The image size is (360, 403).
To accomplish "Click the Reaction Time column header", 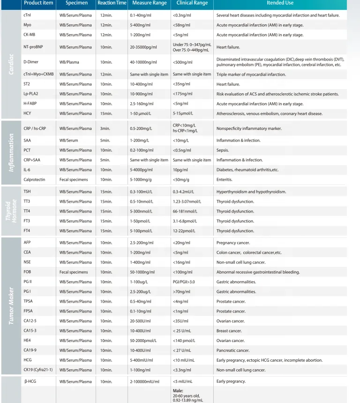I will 112,3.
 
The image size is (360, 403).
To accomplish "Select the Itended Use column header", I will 280,3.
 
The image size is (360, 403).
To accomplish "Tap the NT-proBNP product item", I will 33,47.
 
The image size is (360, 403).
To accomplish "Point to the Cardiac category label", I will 11,65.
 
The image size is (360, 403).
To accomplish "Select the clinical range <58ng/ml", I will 181,25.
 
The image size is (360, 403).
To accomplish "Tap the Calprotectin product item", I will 34,179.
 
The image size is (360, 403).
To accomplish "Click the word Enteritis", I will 225,179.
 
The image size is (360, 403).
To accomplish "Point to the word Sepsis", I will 223,150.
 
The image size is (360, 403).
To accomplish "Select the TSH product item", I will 27,191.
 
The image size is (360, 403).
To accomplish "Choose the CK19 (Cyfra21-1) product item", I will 38,370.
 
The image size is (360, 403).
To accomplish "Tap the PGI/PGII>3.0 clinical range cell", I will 186,281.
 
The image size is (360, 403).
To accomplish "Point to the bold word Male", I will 178,390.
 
